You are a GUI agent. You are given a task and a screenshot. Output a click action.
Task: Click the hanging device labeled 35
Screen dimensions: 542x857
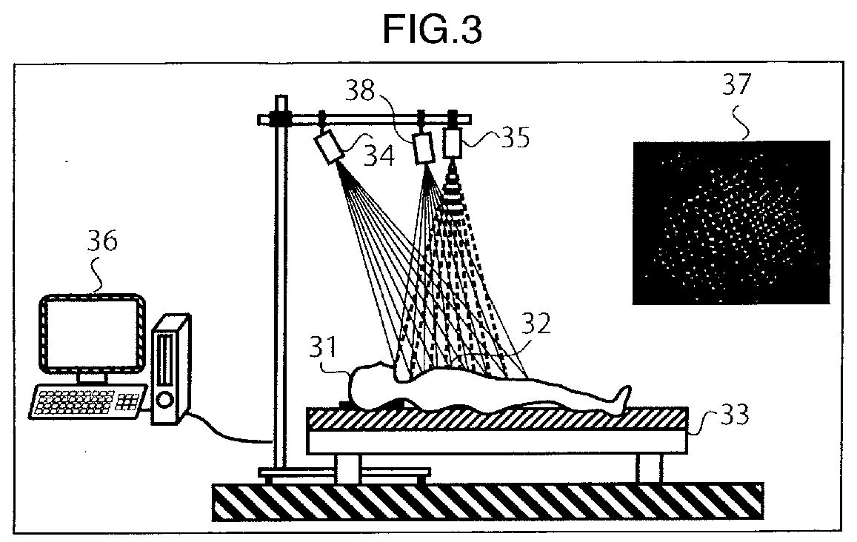[453, 142]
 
